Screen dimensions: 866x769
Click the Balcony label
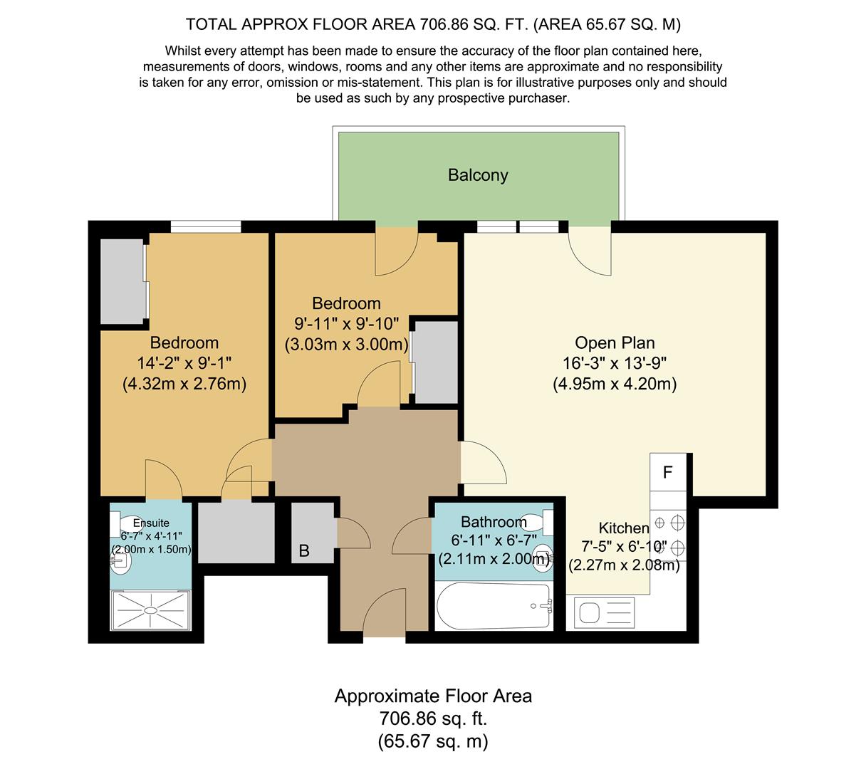[478, 175]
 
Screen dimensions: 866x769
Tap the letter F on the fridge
[667, 472]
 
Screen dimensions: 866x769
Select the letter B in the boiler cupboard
[304, 550]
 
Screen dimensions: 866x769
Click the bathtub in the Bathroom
[494, 606]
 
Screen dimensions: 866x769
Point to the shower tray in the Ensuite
[150, 610]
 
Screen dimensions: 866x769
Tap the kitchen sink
[605, 612]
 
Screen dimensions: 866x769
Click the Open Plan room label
[615, 342]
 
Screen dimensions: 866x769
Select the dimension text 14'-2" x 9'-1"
[184, 363]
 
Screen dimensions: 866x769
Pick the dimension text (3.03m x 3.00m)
[347, 344]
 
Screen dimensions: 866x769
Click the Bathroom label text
[494, 521]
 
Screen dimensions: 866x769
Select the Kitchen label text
[624, 528]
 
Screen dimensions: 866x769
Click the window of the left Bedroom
[206, 226]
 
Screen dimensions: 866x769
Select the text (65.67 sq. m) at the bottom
[432, 741]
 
